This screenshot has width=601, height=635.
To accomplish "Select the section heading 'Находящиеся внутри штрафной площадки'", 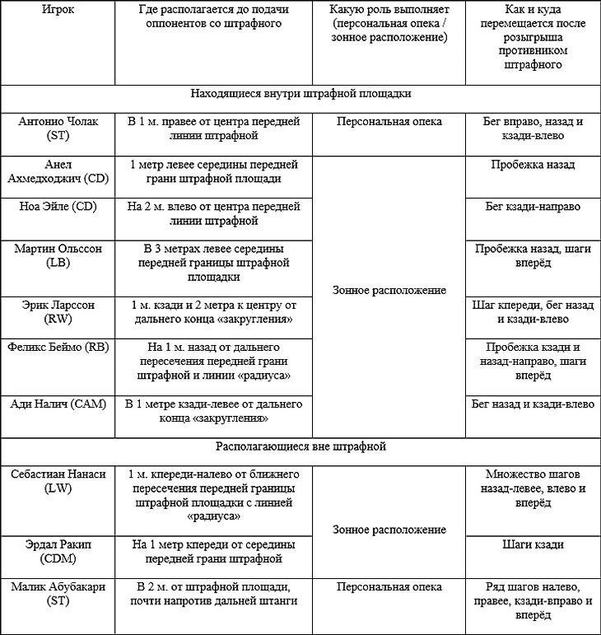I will (300, 94).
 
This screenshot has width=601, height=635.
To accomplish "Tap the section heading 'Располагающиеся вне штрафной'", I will (300, 447).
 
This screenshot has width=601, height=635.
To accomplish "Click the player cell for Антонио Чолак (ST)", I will (58, 128).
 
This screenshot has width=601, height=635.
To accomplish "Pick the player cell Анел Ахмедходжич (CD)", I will (58, 172).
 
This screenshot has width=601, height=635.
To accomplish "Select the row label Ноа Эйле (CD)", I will (58, 207).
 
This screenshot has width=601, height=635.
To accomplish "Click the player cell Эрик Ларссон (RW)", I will (58, 311).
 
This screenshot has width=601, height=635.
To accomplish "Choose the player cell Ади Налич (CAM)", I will (58, 404).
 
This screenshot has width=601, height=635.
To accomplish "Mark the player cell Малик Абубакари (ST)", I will (58, 595).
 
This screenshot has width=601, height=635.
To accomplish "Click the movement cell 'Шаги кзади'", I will (533, 544).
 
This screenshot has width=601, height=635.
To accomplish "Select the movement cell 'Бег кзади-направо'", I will (533, 207).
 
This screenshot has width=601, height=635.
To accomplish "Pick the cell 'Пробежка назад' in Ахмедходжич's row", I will (533, 165).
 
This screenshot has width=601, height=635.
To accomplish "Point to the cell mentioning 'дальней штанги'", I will (213, 595).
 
